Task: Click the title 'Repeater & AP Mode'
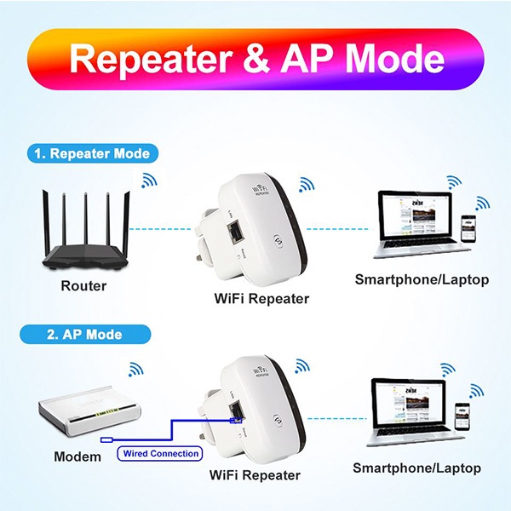pyautogui.click(x=255, y=60)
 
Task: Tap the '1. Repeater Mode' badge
pyautogui.click(x=93, y=154)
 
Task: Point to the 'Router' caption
pyautogui.click(x=83, y=286)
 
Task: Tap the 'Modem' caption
pyautogui.click(x=78, y=456)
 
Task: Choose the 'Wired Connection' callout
pyautogui.click(x=160, y=454)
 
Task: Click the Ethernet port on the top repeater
pyautogui.click(x=236, y=230)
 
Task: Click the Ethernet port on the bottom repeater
pyautogui.click(x=236, y=415)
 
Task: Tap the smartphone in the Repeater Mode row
pyautogui.click(x=466, y=231)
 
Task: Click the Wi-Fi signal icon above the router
pyautogui.click(x=150, y=180)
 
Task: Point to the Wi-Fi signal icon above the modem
pyautogui.click(x=135, y=369)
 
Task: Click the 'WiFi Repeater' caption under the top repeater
pyautogui.click(x=261, y=299)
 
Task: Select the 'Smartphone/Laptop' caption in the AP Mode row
pyautogui.click(x=417, y=468)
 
